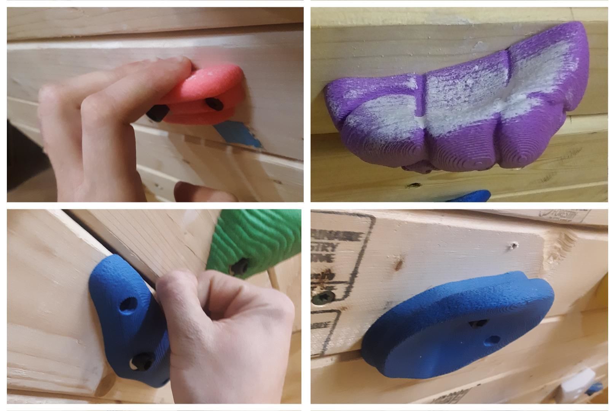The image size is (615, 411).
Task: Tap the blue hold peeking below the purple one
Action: coord(470,196)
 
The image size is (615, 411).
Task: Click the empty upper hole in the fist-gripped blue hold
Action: coord(128,304)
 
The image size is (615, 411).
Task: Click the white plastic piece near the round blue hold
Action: coord(577,381)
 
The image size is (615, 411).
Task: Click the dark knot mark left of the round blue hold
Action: coord(400,261)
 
